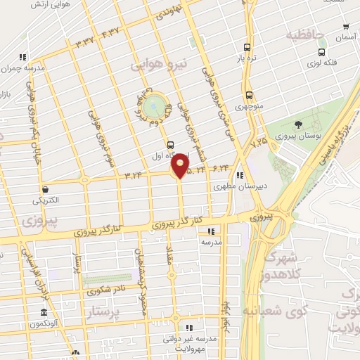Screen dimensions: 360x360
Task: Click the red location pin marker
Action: (x=181, y=165)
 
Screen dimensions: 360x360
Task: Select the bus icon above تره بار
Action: (x=245, y=44)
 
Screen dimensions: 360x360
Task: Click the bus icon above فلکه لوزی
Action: (x=321, y=51)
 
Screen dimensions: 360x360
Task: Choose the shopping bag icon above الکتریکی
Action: (x=46, y=188)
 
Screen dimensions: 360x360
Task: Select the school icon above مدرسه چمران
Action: (x=22, y=57)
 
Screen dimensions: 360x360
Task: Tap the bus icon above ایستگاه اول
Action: (x=171, y=146)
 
